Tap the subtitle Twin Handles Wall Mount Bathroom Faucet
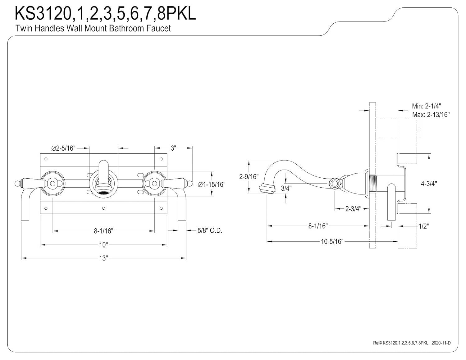(93, 29)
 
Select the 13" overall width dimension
(103, 258)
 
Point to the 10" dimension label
(103, 245)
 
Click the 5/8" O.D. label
(210, 231)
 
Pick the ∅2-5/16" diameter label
(63, 148)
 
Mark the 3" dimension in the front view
(173, 148)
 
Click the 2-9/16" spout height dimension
(249, 176)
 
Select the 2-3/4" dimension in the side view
(353, 209)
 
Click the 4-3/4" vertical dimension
(429, 183)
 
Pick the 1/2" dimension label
(423, 226)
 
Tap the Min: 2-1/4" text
(426, 106)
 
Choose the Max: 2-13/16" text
(431, 115)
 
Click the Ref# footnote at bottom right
(412, 343)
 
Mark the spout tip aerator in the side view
(266, 189)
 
